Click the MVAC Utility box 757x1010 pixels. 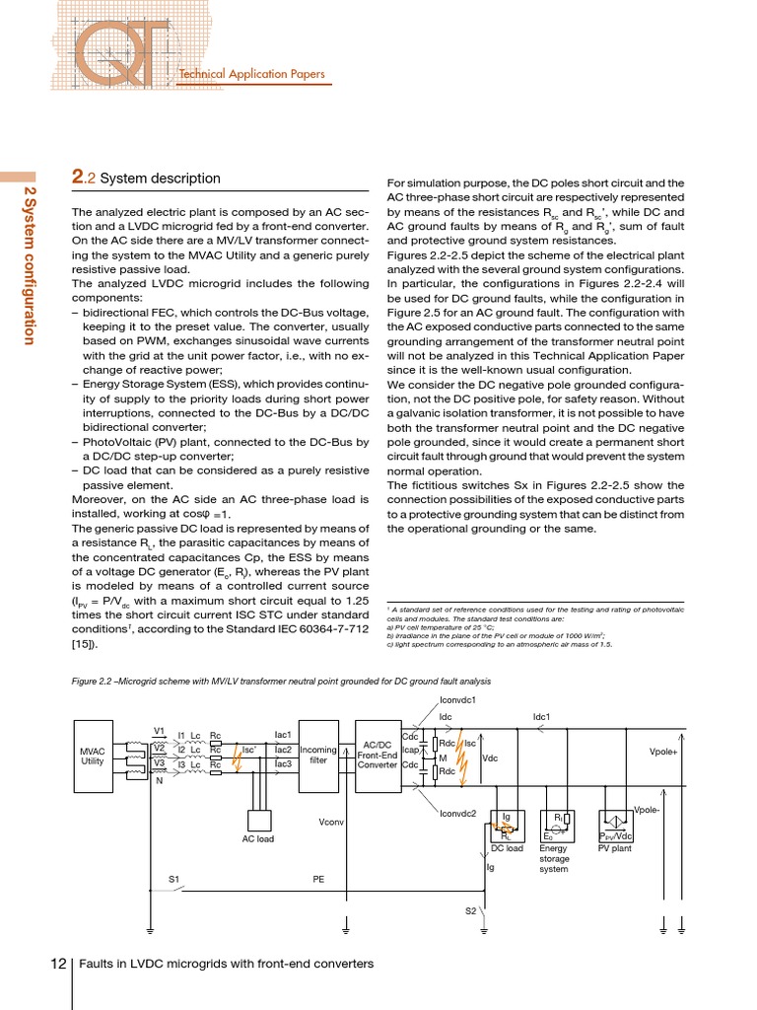[93, 756]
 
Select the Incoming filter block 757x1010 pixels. [318, 756]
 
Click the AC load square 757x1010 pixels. [258, 820]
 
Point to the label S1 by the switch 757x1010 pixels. [173, 878]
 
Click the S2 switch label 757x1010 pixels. [471, 910]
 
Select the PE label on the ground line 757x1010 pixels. [318, 878]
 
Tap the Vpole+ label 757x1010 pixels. [663, 752]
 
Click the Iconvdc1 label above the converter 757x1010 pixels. [458, 699]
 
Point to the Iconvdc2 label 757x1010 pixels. [458, 813]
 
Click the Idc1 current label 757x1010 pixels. [541, 717]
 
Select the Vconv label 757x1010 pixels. [330, 822]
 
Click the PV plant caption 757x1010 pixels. [615, 847]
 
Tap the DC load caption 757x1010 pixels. [507, 847]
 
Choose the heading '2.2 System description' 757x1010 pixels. [147, 179]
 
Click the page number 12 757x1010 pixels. [58, 963]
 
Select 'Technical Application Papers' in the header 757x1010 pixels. [250, 74]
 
